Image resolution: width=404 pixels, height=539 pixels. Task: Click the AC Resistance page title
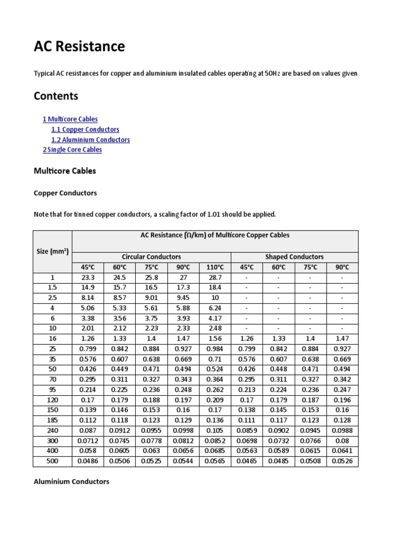[79, 47]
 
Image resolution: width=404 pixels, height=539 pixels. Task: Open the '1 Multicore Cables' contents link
[70, 119]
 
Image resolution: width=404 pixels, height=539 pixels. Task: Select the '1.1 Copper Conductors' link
[85, 129]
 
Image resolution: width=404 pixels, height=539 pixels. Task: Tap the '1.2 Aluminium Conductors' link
[90, 139]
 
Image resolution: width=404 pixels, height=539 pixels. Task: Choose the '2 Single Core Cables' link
[72, 150]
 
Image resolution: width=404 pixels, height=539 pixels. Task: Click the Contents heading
[56, 96]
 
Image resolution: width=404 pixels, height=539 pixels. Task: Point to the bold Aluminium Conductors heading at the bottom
[72, 481]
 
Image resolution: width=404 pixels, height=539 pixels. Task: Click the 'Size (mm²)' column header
[53, 251]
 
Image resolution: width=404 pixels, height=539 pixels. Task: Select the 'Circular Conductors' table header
[151, 257]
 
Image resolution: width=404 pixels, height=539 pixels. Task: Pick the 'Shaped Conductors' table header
[295, 257]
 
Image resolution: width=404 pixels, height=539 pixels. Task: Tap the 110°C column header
[215, 267]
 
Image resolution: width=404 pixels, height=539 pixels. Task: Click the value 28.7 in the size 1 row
[215, 277]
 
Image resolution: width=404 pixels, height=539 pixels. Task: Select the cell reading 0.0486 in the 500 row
[88, 461]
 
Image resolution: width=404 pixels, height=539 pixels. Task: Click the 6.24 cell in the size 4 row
[215, 308]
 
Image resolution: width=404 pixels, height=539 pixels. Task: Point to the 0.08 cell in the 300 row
[342, 441]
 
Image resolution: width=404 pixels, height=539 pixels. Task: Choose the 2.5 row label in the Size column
[53, 298]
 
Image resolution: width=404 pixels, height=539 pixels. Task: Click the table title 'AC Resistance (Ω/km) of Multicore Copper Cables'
[215, 235]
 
